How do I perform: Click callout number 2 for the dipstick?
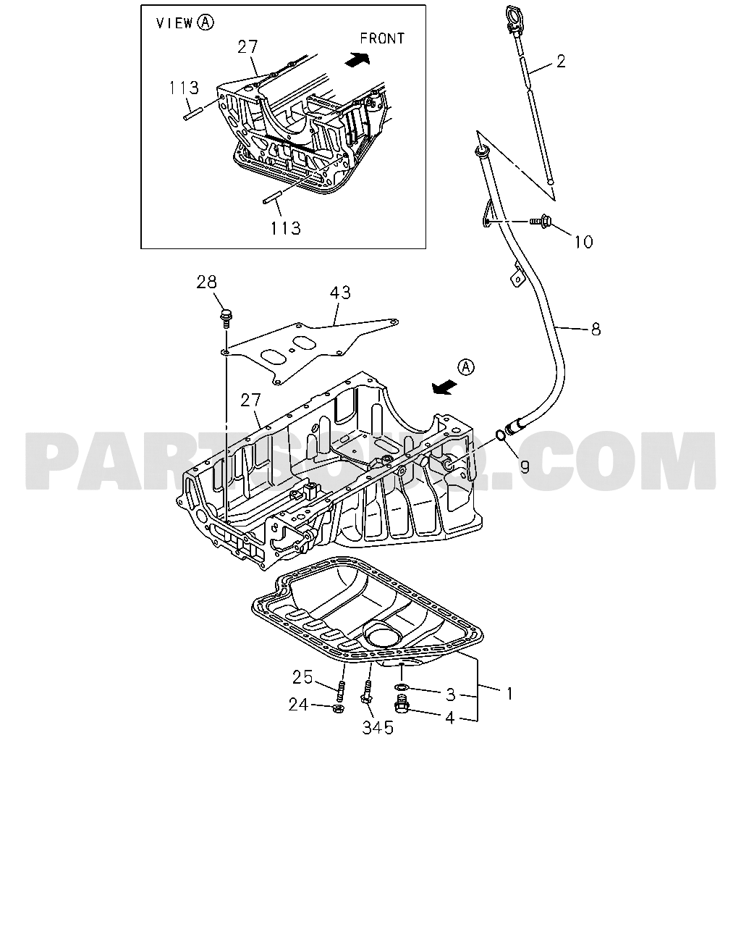(561, 62)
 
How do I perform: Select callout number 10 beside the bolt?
(583, 242)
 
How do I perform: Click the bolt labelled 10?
(541, 220)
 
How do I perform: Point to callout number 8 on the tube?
(596, 330)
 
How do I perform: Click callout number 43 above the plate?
(340, 293)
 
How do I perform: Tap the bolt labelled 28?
(225, 316)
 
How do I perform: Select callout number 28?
(207, 282)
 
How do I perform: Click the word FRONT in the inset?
(382, 38)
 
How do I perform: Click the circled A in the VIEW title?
(206, 22)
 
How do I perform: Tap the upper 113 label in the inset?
(184, 88)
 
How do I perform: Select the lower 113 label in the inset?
(285, 227)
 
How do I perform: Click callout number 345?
(378, 728)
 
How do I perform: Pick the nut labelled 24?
(338, 707)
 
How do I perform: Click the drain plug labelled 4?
(400, 703)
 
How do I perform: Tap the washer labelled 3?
(402, 687)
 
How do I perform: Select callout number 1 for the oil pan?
(509, 693)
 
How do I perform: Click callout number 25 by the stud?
(302, 677)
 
